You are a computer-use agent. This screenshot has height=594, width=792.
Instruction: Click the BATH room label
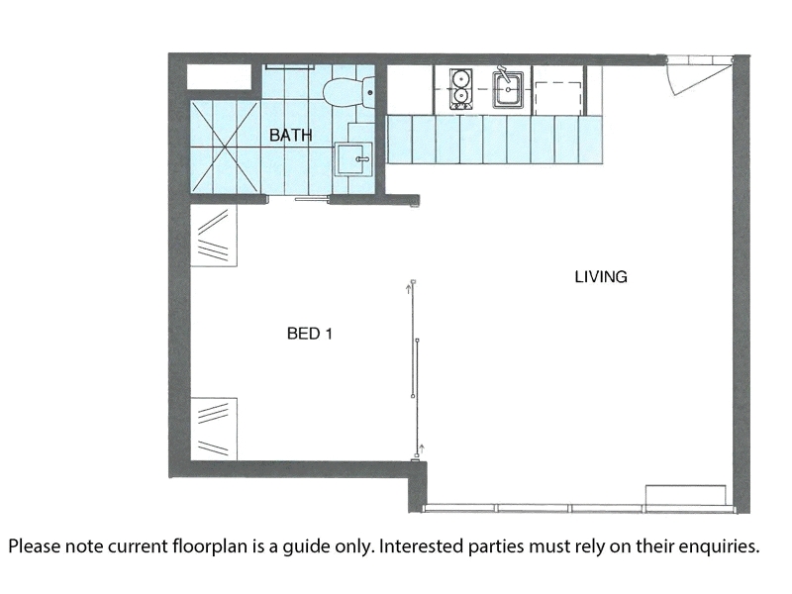pyautogui.click(x=290, y=136)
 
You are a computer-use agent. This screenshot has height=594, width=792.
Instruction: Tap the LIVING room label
pyautogui.click(x=601, y=277)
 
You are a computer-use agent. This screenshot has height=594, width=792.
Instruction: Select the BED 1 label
pyautogui.click(x=310, y=334)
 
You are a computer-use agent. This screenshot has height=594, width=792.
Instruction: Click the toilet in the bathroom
pyautogui.click(x=349, y=92)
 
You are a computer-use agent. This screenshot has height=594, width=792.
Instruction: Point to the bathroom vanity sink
pyautogui.click(x=353, y=159)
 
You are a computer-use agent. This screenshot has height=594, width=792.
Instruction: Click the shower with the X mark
pyautogui.click(x=226, y=147)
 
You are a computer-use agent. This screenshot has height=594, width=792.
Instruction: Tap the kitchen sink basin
pyautogui.click(x=508, y=89)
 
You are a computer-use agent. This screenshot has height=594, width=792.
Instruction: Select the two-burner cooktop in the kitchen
pyautogui.click(x=460, y=89)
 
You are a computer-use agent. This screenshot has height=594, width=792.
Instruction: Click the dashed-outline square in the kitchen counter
pyautogui.click(x=558, y=98)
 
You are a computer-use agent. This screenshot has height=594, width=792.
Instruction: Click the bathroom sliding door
pyautogui.click(x=312, y=200)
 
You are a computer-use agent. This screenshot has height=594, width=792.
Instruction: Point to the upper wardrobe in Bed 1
pyautogui.click(x=214, y=235)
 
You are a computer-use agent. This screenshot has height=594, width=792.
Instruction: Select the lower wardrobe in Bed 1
pyautogui.click(x=214, y=429)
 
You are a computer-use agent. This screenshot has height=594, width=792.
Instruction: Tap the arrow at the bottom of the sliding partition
pyautogui.click(x=422, y=448)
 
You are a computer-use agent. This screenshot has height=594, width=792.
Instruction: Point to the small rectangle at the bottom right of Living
pyautogui.click(x=685, y=494)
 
